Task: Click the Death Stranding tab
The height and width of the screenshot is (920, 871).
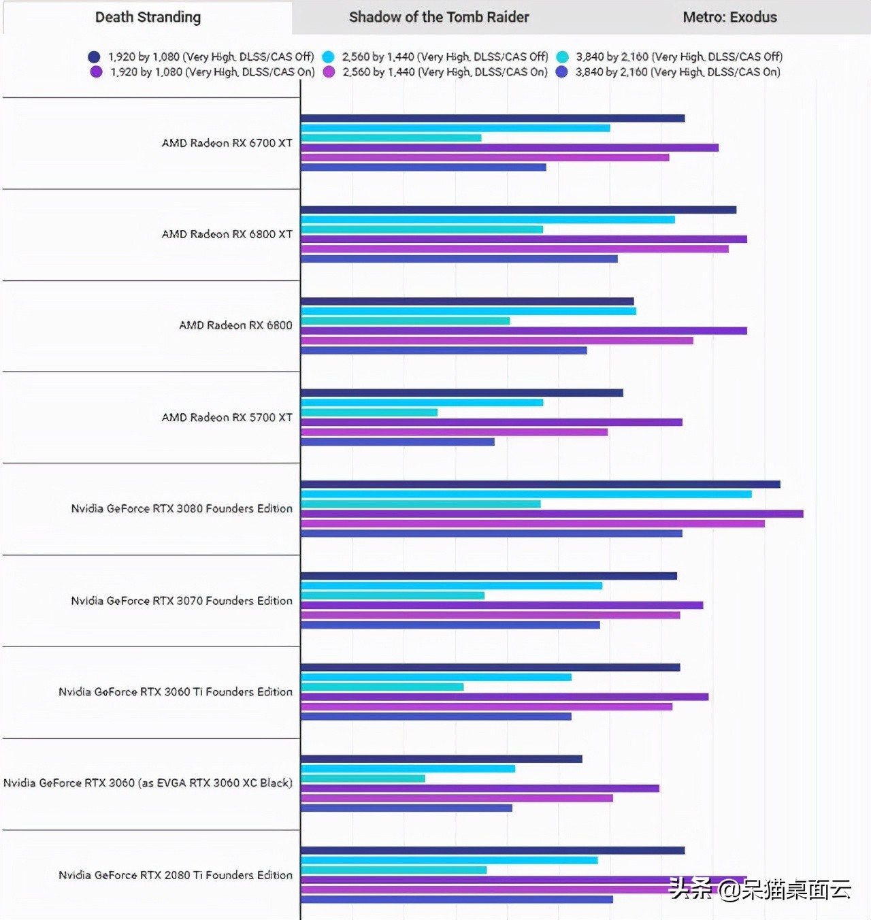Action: click(148, 18)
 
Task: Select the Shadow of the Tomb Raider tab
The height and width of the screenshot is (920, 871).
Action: click(438, 18)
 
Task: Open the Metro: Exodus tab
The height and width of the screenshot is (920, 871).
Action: click(729, 18)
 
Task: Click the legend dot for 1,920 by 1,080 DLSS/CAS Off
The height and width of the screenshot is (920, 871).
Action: click(94, 57)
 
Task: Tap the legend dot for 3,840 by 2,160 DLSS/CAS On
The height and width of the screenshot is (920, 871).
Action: click(562, 72)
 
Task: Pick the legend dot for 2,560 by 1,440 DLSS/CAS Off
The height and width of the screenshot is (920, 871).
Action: click(328, 57)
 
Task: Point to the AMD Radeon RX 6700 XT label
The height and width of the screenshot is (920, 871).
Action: click(227, 143)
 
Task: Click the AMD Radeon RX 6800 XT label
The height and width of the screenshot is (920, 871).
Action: click(227, 234)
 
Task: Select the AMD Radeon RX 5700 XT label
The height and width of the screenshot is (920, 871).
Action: click(227, 417)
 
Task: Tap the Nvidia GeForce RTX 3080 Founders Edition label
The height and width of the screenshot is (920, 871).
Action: click(182, 508)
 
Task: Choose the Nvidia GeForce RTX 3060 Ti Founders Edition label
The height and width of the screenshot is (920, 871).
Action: click(176, 692)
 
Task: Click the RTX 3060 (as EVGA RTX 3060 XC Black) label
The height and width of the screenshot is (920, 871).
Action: click(148, 783)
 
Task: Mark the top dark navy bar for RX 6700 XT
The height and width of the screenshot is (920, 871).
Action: click(493, 118)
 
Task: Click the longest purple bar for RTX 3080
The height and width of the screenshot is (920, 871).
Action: click(552, 514)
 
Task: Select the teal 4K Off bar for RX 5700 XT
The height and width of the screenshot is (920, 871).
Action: click(369, 412)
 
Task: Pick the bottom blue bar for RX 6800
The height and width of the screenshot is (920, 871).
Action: click(444, 350)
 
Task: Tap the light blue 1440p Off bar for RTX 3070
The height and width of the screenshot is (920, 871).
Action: click(451, 586)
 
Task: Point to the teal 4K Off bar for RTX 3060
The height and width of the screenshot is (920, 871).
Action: click(363, 778)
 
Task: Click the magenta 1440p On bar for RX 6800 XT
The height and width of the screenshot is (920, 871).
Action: click(514, 249)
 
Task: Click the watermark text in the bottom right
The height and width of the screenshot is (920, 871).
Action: click(759, 889)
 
